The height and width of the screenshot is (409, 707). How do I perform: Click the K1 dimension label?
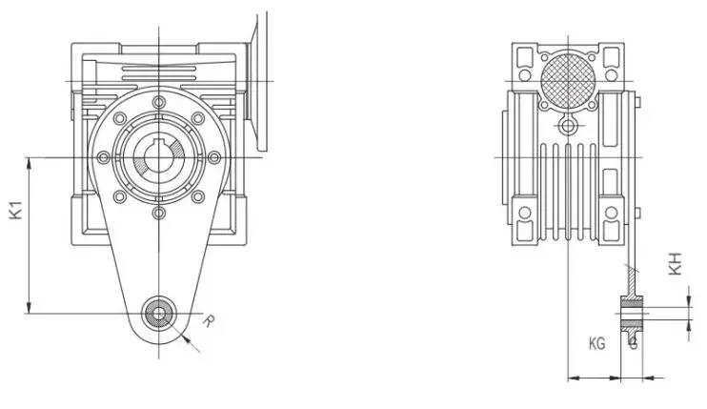16,210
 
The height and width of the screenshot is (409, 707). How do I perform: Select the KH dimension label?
675,264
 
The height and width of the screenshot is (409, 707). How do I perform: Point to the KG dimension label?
597,342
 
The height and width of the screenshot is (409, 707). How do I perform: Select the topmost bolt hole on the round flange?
156,99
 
